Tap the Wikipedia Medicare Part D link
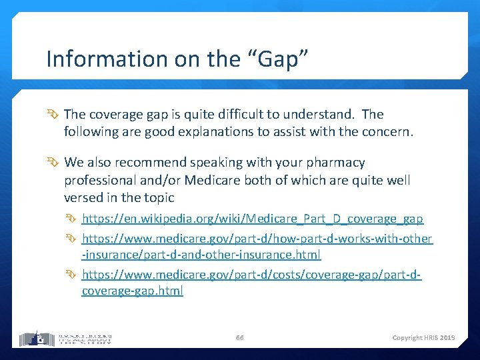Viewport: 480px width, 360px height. [x=252, y=219]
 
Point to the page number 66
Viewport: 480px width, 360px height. [x=239, y=338]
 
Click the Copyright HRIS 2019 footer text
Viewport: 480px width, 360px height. [x=423, y=338]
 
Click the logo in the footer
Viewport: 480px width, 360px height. [x=65, y=338]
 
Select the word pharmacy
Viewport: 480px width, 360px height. [x=331, y=163]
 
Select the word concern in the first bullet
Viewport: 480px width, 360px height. [x=386, y=132]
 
